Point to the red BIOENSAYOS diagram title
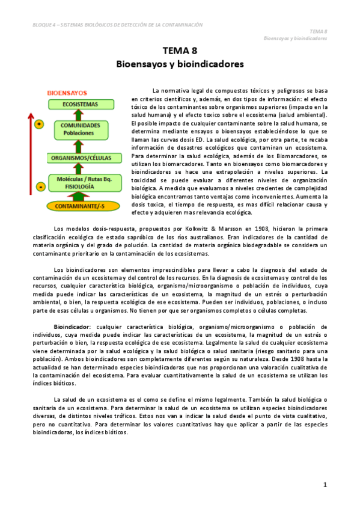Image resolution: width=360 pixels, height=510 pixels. (x=67, y=93)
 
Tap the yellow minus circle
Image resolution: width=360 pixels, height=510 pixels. (x=40, y=186)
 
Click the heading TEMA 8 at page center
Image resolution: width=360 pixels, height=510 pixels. (x=180, y=51)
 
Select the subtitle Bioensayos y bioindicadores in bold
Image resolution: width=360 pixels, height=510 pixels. (x=180, y=63)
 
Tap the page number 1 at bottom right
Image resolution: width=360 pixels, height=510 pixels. (x=325, y=484)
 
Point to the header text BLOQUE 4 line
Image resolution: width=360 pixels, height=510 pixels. (x=118, y=25)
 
